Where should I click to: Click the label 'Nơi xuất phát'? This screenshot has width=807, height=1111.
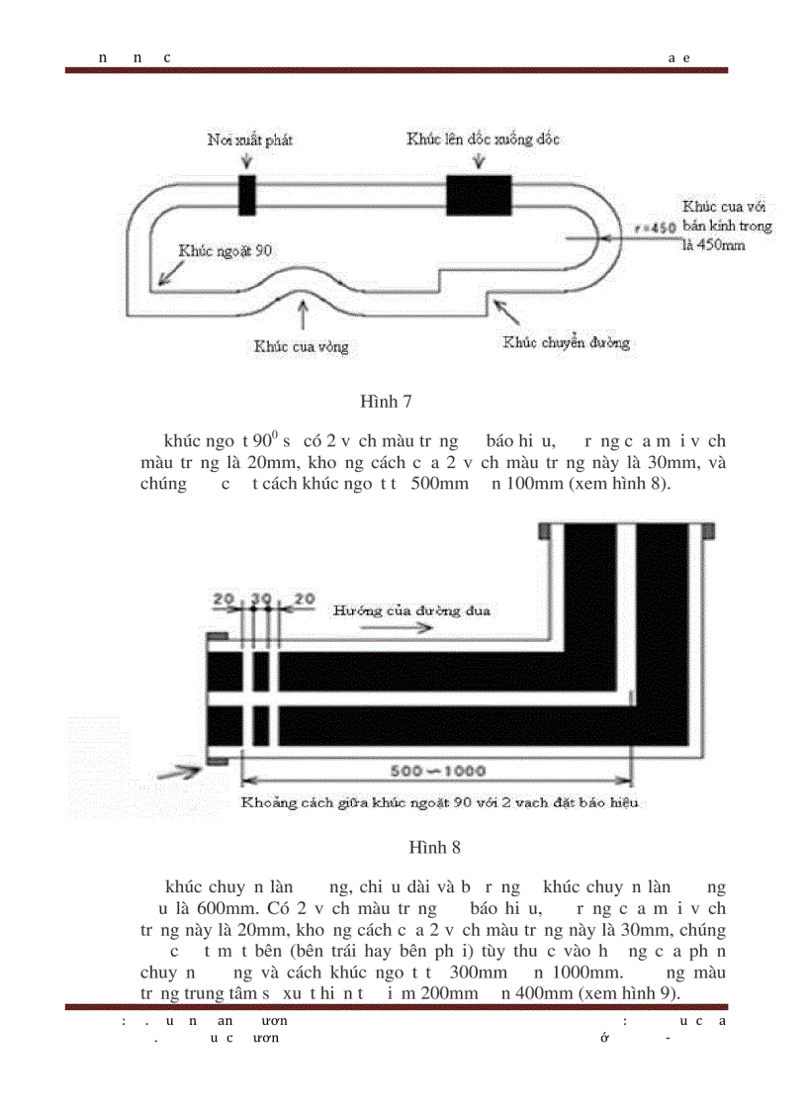click(249, 139)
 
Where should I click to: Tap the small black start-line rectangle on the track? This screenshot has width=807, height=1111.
click(247, 194)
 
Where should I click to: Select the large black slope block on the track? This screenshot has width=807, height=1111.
click(479, 194)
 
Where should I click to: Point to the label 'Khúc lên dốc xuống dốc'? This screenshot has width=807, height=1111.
click(483, 139)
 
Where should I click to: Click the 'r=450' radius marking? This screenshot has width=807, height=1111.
click(654, 229)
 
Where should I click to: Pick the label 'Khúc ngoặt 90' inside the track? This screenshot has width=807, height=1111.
click(224, 251)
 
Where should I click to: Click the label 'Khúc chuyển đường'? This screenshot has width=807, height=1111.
click(566, 343)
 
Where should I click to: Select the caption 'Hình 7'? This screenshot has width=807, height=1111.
click(386, 402)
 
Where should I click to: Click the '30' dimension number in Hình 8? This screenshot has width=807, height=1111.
click(260, 599)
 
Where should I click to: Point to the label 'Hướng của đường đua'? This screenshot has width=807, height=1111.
click(411, 609)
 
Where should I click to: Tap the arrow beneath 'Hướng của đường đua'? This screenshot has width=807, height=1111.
click(358, 627)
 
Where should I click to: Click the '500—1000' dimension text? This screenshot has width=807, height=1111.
click(436, 771)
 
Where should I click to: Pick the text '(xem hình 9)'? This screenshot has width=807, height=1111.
click(629, 993)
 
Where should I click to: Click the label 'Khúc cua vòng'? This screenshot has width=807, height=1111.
click(301, 347)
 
